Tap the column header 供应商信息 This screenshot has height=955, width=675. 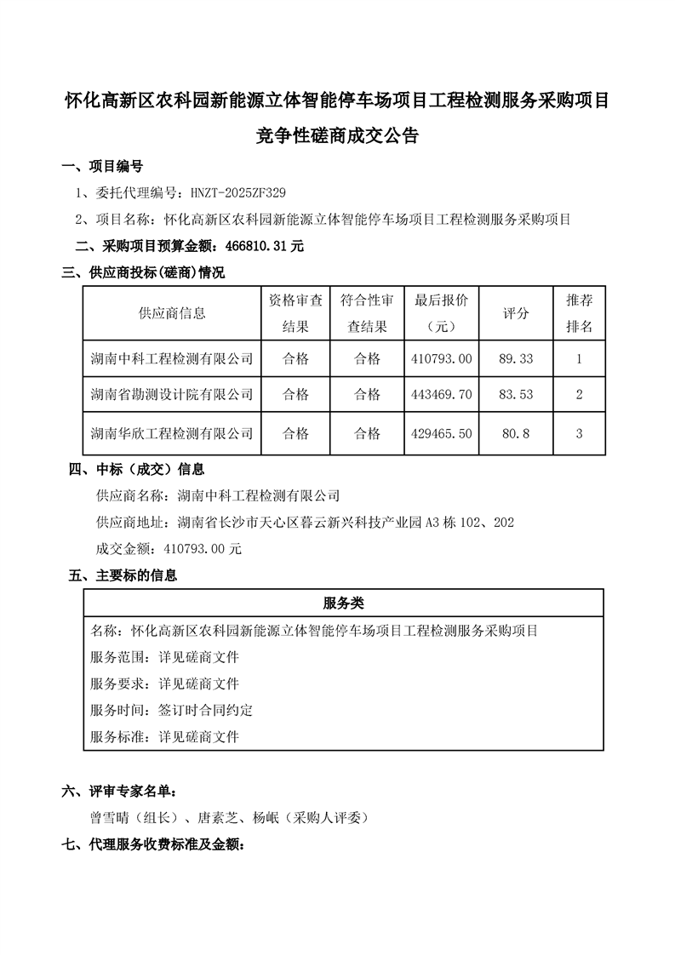(x=172, y=313)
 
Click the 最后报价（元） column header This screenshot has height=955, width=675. (x=440, y=313)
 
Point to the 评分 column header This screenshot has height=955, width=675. (x=516, y=313)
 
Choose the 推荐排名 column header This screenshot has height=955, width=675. (x=579, y=313)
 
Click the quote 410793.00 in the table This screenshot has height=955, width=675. (x=440, y=359)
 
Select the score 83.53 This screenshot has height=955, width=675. (x=516, y=395)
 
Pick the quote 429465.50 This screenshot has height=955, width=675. (x=440, y=433)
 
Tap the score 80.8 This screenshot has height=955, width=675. (x=516, y=433)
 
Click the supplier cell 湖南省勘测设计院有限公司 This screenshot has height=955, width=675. (x=172, y=395)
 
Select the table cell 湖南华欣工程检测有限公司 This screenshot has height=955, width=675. (x=172, y=433)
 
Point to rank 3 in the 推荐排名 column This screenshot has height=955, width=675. (x=579, y=433)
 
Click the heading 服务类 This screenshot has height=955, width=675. (x=344, y=603)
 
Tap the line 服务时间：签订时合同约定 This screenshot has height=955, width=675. (x=171, y=710)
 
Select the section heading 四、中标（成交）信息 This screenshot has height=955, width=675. (x=136, y=469)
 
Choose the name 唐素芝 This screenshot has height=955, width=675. (x=215, y=818)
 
